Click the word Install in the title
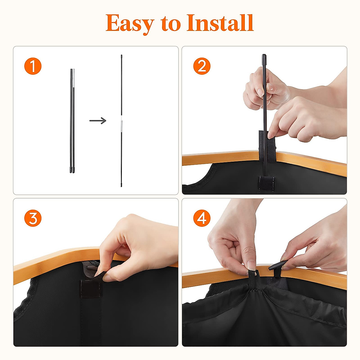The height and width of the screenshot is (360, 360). pos(220,23)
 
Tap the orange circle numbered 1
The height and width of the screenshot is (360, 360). pos(33,66)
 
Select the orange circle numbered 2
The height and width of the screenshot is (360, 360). pos(202,66)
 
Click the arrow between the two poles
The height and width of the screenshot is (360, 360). pos(98,121)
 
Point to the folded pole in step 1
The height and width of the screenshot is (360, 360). pos(72,120)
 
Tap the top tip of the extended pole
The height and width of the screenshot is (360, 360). pos(121,56)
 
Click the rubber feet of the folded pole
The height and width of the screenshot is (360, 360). pos(72,171)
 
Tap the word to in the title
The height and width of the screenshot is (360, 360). pos(171,23)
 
